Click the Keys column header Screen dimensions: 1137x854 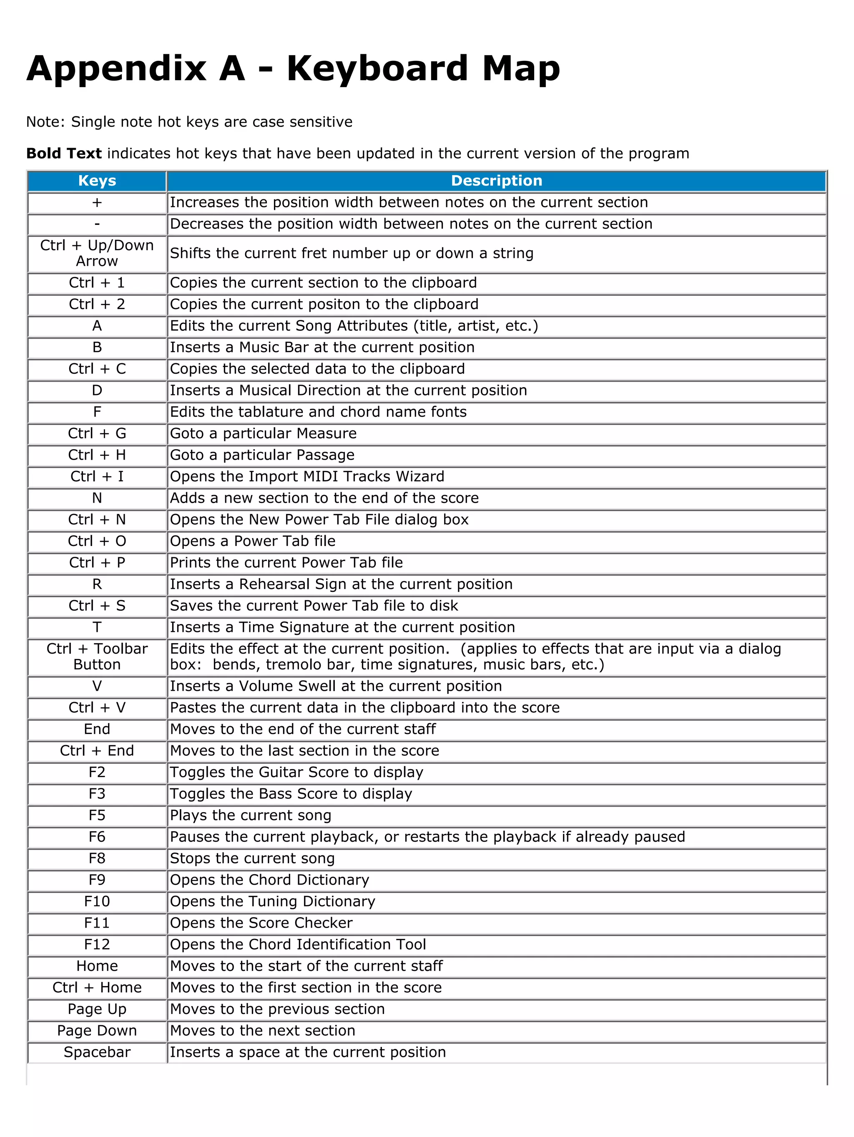tap(97, 181)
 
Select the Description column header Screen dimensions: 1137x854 tap(496, 181)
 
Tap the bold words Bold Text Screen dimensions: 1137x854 tap(64, 153)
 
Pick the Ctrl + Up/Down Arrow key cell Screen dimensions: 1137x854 tap(97, 253)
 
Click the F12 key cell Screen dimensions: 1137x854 tap(97, 944)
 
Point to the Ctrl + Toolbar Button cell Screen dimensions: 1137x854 tap(97, 657)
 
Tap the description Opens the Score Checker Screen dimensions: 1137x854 tap(261, 923)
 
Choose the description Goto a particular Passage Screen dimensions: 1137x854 tap(262, 455)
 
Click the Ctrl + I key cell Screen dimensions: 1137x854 tap(97, 476)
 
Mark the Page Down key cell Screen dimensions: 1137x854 tap(97, 1030)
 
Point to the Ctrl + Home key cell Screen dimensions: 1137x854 tap(97, 987)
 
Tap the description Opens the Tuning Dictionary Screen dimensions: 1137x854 tap(272, 901)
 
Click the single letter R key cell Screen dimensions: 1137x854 tap(97, 584)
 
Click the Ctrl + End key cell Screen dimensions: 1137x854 tap(97, 750)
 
